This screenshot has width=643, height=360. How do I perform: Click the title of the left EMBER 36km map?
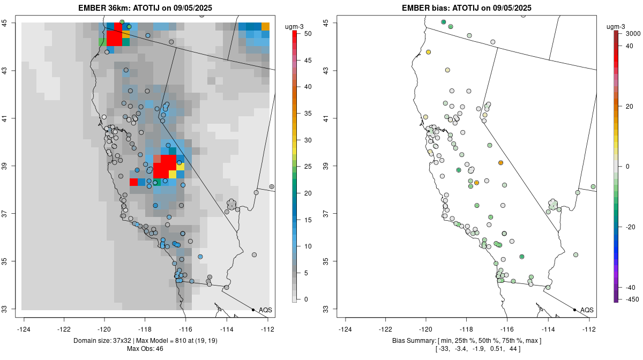pos(147,7)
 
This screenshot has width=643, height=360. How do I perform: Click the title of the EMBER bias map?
pos(466,7)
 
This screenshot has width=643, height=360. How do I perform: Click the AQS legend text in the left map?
pos(265,310)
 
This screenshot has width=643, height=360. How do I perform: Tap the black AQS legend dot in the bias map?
pos(574,310)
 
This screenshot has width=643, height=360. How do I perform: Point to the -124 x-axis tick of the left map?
pos(24,329)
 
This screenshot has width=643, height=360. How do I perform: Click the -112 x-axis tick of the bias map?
pos(589,329)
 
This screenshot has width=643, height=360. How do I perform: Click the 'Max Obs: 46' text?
pos(145,349)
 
